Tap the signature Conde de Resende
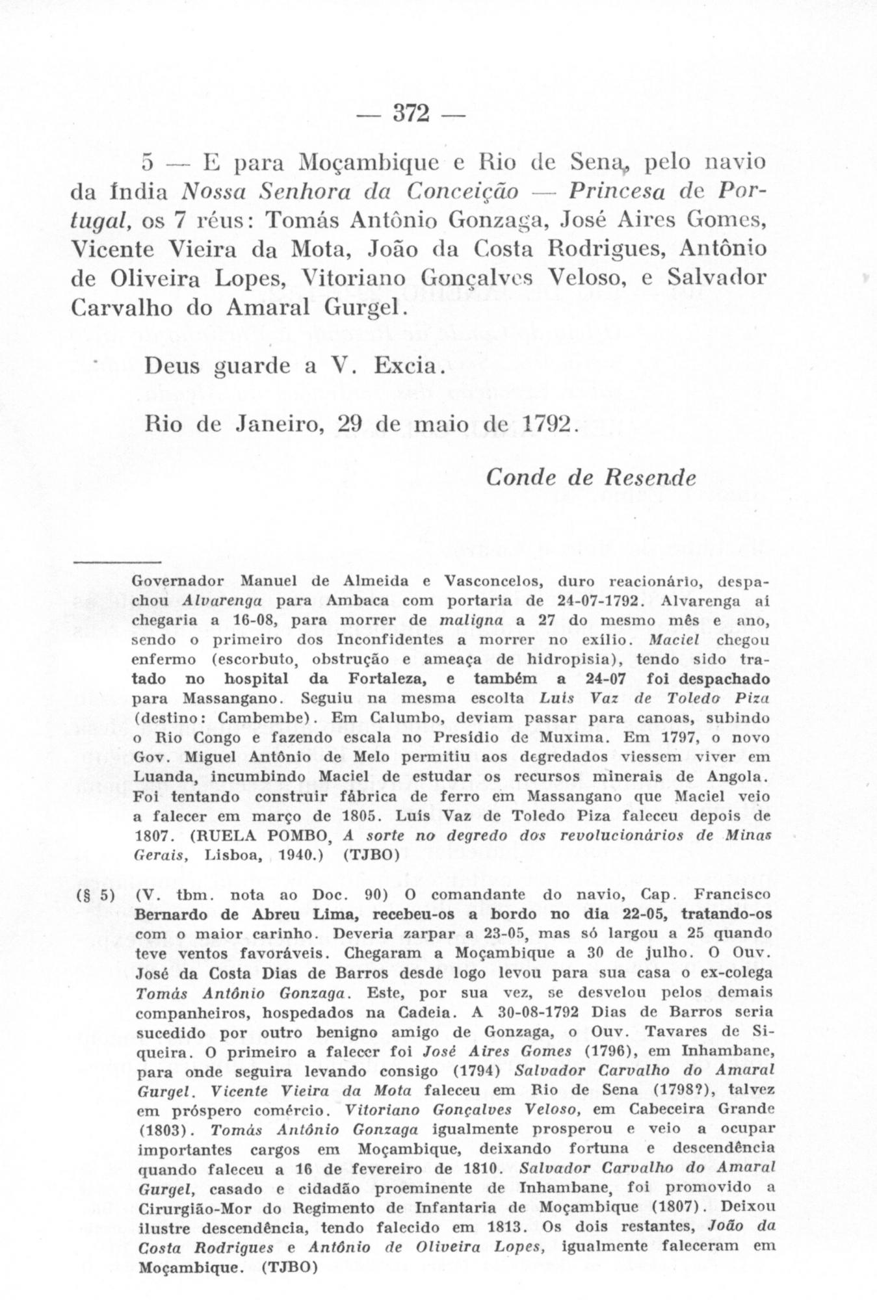(590, 478)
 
